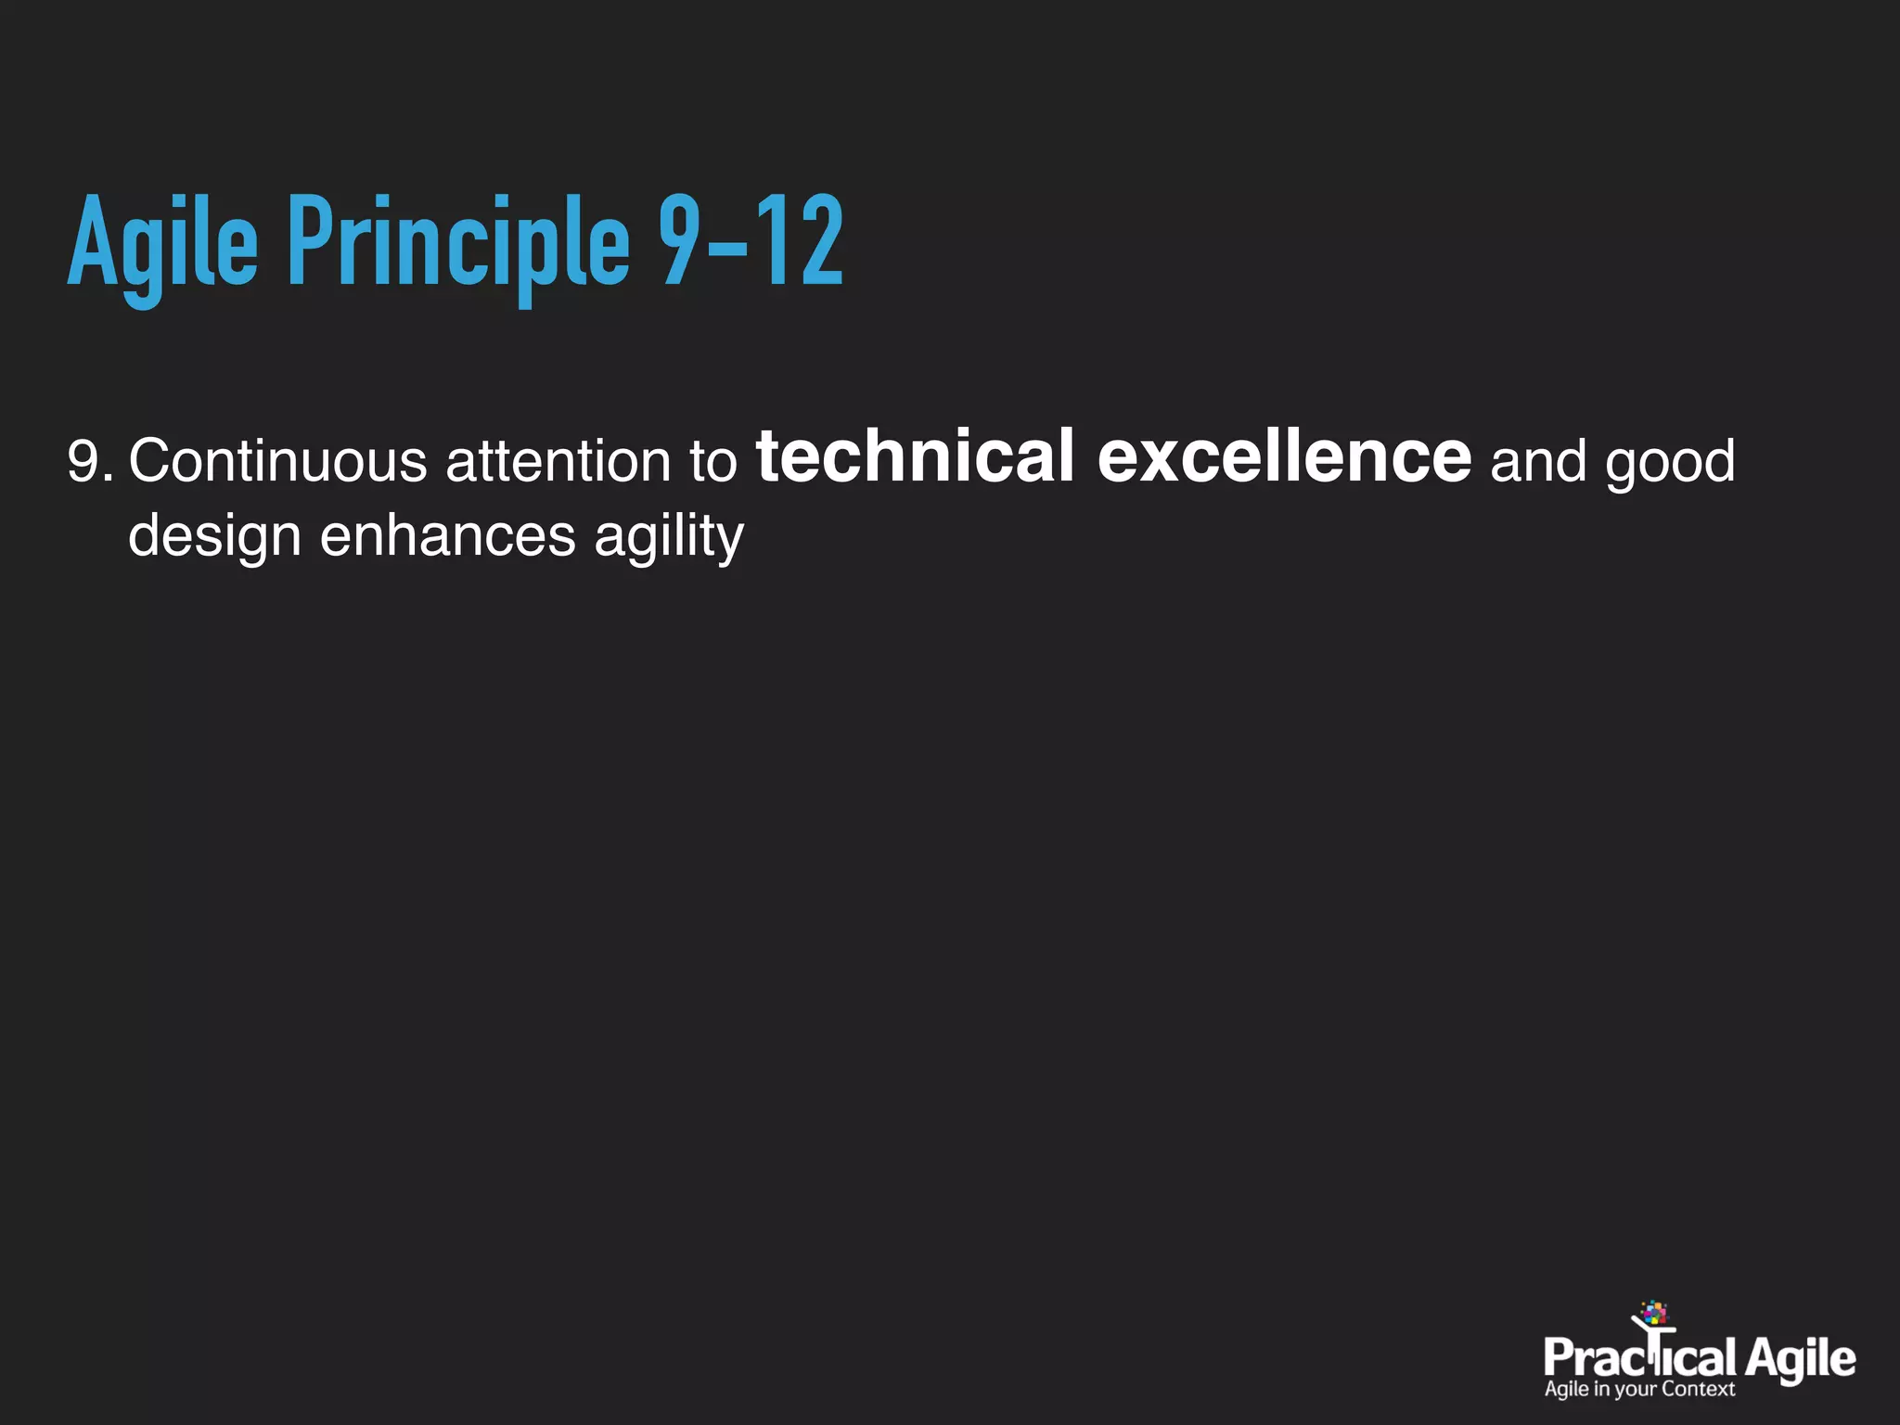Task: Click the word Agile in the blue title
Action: point(162,243)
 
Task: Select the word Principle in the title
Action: point(458,243)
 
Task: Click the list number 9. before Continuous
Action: point(90,461)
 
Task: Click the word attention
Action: point(558,461)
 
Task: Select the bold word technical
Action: point(915,456)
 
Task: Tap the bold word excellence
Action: point(1284,456)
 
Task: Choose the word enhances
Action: point(447,536)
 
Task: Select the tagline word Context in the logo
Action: point(1698,1389)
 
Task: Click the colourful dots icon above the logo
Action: point(1654,1313)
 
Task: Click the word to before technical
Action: point(712,461)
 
